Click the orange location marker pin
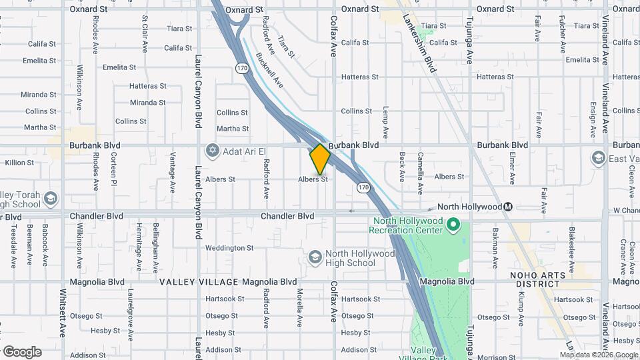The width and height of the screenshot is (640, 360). (320, 159)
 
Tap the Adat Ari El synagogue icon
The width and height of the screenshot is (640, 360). (213, 149)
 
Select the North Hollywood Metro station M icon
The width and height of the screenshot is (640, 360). (508, 207)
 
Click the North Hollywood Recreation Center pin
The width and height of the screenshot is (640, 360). (453, 224)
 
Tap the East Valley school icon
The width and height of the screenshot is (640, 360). (597, 158)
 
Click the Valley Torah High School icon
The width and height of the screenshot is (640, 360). (51, 198)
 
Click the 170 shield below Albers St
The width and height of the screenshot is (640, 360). (363, 187)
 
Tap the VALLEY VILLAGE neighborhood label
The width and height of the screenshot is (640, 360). (199, 282)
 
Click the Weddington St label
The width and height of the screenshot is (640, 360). (229, 248)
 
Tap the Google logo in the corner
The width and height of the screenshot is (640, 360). (22, 352)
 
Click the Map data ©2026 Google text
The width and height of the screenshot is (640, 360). (599, 355)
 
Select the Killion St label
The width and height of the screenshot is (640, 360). (19, 163)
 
